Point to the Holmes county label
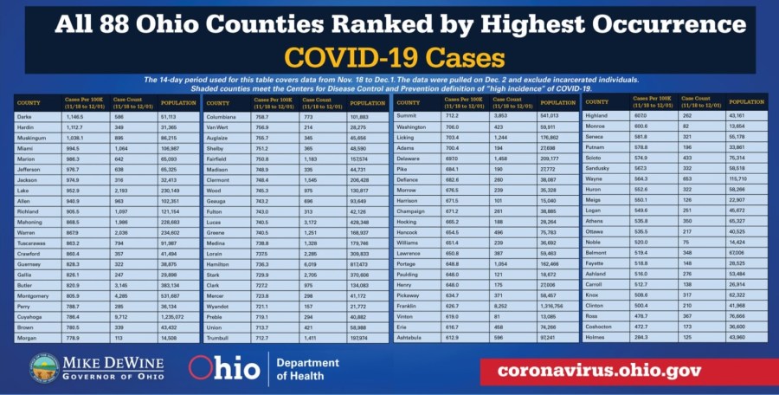(x=596, y=336)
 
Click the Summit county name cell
(x=406, y=115)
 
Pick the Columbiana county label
(x=223, y=115)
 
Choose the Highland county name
(x=596, y=115)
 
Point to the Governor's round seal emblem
(x=44, y=367)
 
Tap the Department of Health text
(x=308, y=369)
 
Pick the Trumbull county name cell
(x=220, y=337)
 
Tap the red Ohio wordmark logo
(x=223, y=368)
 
